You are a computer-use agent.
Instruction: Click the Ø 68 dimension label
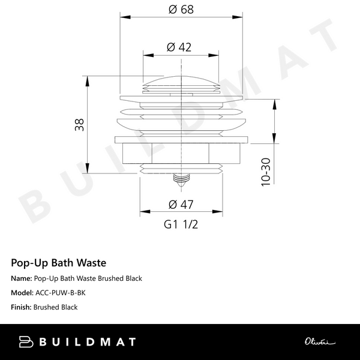point(180,10)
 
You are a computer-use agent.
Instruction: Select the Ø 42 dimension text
point(180,47)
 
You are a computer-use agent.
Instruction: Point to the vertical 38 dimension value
point(79,124)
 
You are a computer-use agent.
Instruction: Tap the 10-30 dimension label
point(266,172)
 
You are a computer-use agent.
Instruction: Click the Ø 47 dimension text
point(180,204)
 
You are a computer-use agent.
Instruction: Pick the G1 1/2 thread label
point(180,224)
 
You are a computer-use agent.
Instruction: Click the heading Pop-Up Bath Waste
point(58,262)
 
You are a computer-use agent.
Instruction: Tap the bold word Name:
point(22,278)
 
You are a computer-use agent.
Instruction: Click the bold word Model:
point(23,293)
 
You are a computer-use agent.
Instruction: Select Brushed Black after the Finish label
point(56,307)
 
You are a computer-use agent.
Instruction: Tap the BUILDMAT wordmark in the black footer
point(87,342)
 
